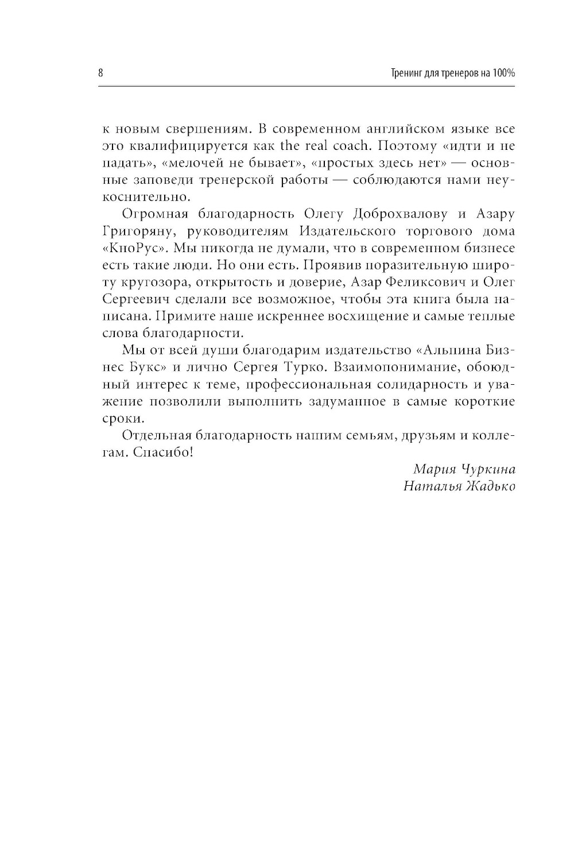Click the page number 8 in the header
pyautogui.click(x=100, y=73)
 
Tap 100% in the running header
pyautogui.click(x=503, y=73)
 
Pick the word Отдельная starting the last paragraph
pyautogui.click(x=155, y=435)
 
